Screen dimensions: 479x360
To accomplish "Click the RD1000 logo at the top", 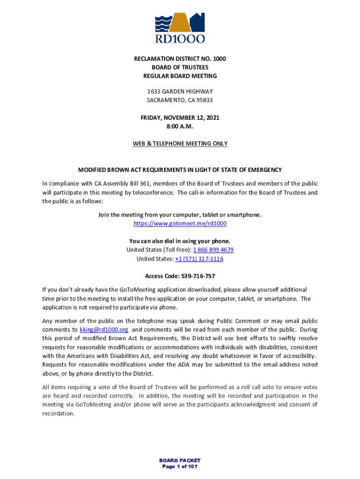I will coord(180,28).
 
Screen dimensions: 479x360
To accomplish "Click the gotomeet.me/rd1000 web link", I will coord(180,224).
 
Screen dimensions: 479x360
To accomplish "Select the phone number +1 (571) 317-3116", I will coord(199,259).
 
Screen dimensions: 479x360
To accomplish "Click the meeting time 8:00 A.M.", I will coord(180,126).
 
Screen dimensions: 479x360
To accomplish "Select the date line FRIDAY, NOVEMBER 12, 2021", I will coord(180,118).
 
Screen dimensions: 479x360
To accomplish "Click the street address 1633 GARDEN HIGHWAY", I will coord(180,92).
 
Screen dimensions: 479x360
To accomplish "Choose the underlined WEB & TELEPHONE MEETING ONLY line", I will coord(180,144).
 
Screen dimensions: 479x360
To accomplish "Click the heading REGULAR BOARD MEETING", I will coord(180,76).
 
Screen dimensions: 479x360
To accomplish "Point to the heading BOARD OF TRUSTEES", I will coord(180,67).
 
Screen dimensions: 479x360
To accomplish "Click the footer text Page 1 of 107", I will coord(180,466).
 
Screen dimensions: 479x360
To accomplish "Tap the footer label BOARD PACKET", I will coord(180,460).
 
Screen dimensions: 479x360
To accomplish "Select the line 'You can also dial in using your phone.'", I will coord(180,241).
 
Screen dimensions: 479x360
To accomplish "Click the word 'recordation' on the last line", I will coord(58,413).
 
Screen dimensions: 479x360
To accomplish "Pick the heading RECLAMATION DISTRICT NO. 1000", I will coord(180,59).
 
